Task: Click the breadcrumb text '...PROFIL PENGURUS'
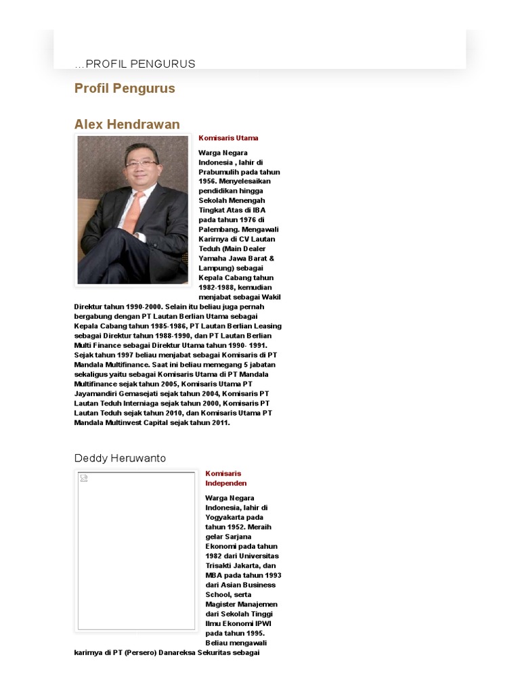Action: pos(135,64)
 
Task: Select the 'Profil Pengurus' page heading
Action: pos(125,89)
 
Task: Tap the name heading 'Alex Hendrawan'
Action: pos(127,125)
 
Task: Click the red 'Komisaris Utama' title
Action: pos(228,138)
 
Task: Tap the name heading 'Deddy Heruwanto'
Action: pos(120,458)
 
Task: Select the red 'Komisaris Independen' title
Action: pos(225,478)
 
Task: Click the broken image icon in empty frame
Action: pos(83,478)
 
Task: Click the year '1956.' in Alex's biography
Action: pos(207,181)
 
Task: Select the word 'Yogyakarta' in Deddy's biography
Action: pos(227,517)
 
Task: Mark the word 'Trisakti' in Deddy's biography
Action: pos(221,566)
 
